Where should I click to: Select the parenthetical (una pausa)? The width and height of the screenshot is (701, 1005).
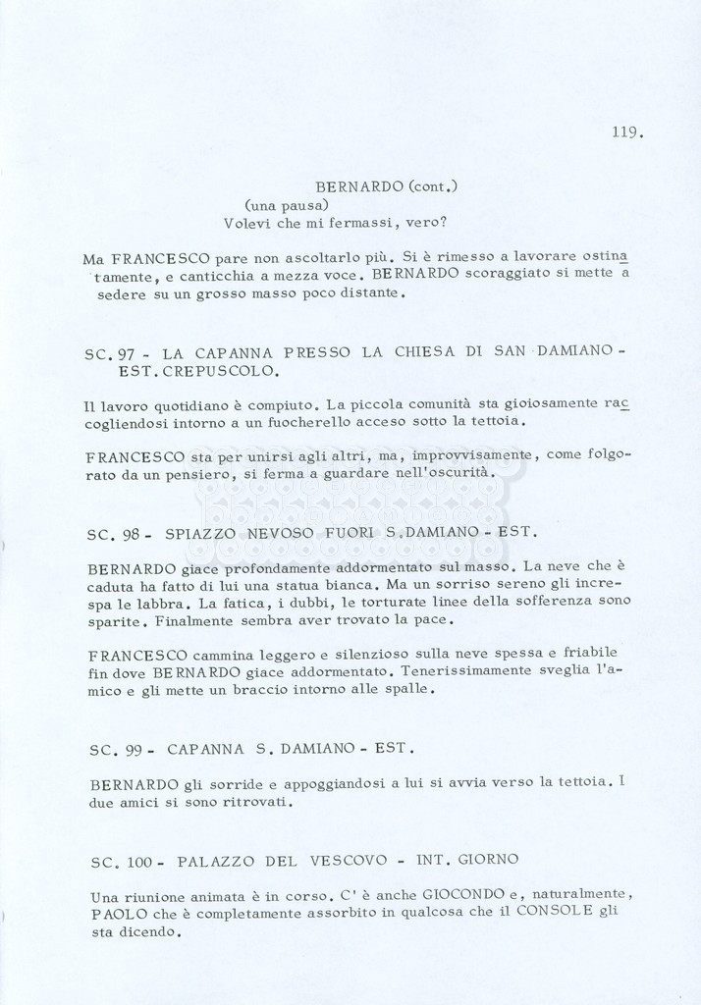(279, 204)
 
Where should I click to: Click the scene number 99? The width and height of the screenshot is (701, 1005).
(136, 750)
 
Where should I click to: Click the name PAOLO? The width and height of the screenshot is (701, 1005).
(116, 915)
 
